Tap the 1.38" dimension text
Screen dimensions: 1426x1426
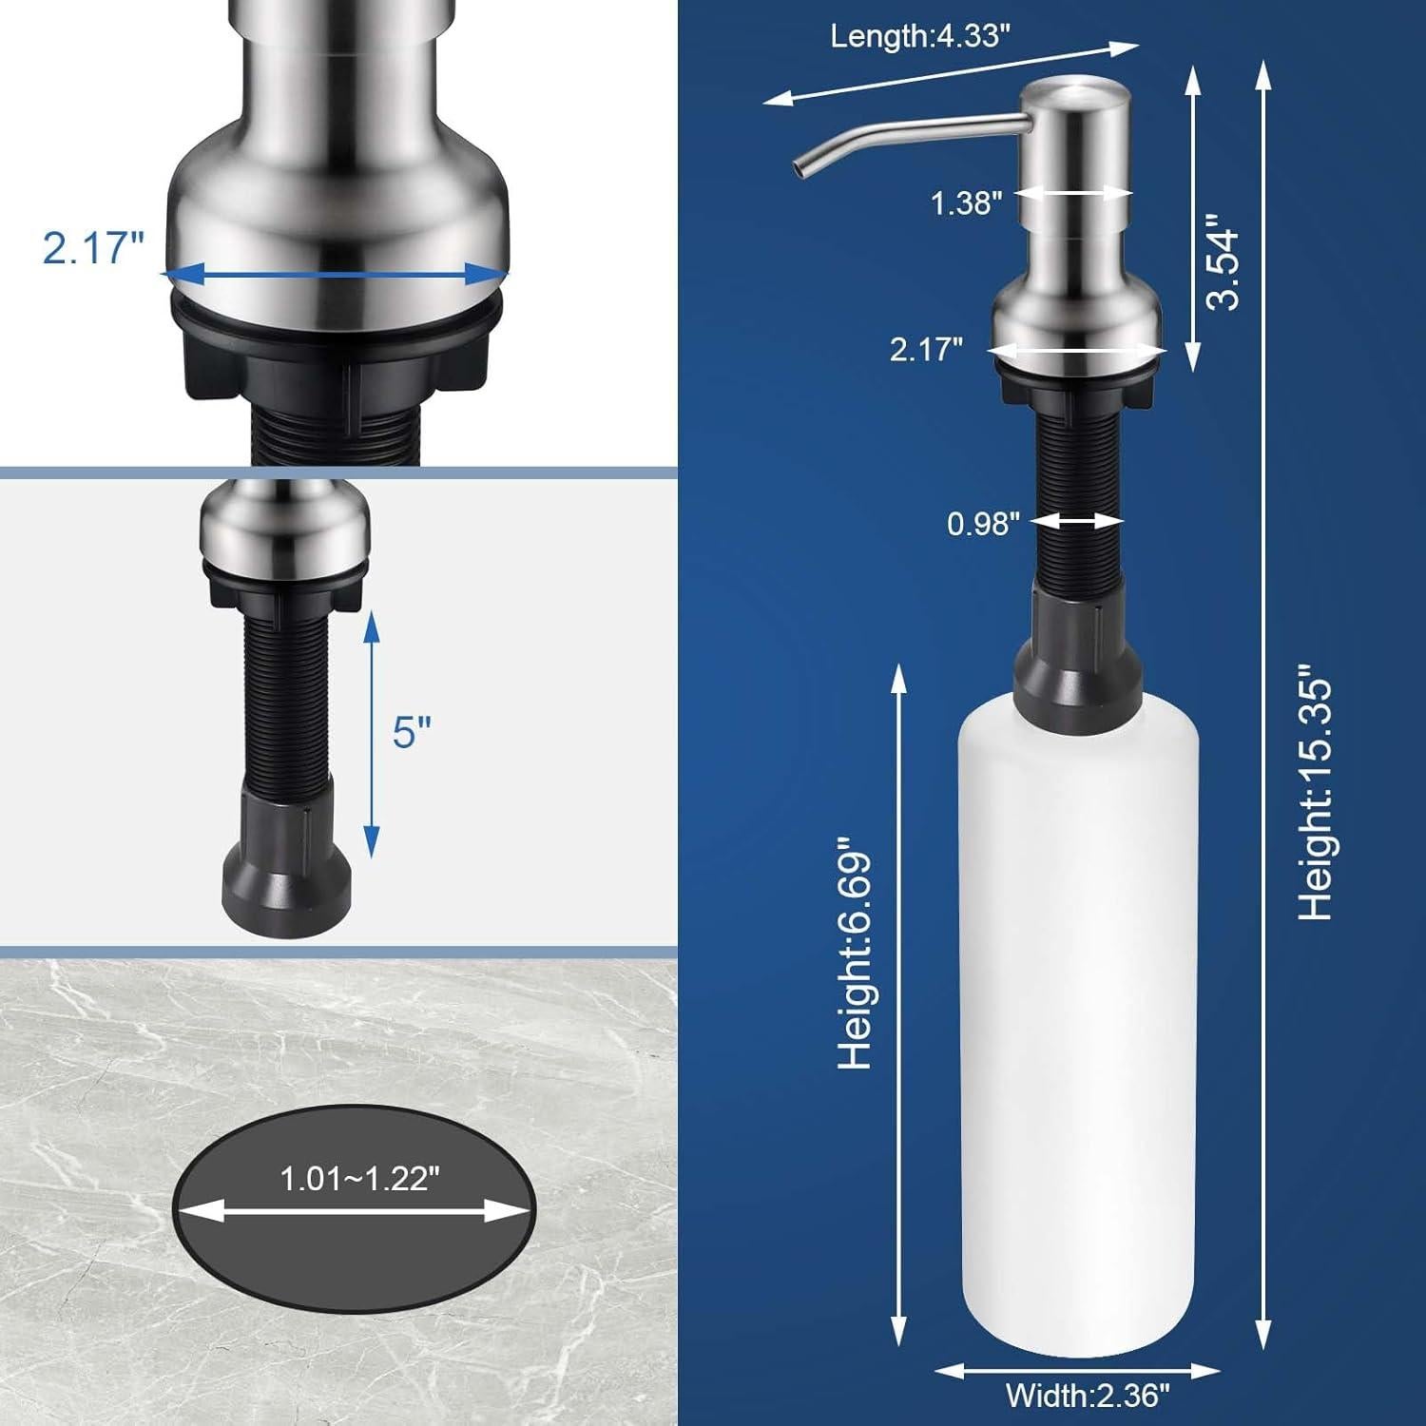click(x=965, y=202)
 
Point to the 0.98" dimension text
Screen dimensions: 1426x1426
click(x=983, y=523)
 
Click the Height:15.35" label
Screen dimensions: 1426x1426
click(x=1317, y=799)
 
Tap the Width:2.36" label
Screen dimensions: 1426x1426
click(x=1088, y=1396)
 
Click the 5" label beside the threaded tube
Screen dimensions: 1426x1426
click(x=412, y=732)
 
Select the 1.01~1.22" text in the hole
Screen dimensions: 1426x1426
click(x=359, y=1179)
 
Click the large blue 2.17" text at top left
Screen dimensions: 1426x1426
click(x=92, y=248)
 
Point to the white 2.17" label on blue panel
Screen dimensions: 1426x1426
click(x=926, y=350)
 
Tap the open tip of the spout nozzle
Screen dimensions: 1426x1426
click(x=796, y=169)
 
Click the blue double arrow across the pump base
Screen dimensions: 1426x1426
click(x=335, y=275)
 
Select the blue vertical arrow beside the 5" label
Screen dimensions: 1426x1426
click(x=372, y=732)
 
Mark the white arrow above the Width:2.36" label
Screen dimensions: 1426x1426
click(x=1077, y=1370)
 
